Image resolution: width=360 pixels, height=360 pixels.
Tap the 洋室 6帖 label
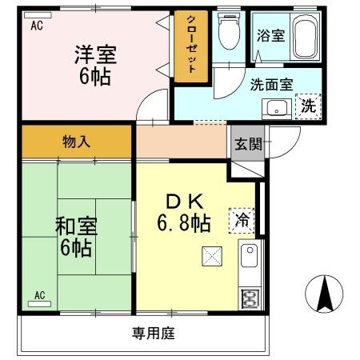97,66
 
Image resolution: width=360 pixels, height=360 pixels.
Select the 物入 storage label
76,142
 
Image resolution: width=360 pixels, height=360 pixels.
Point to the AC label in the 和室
39,295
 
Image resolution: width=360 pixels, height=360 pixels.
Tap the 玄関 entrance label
246,144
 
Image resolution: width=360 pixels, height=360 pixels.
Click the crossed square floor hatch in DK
212,256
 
